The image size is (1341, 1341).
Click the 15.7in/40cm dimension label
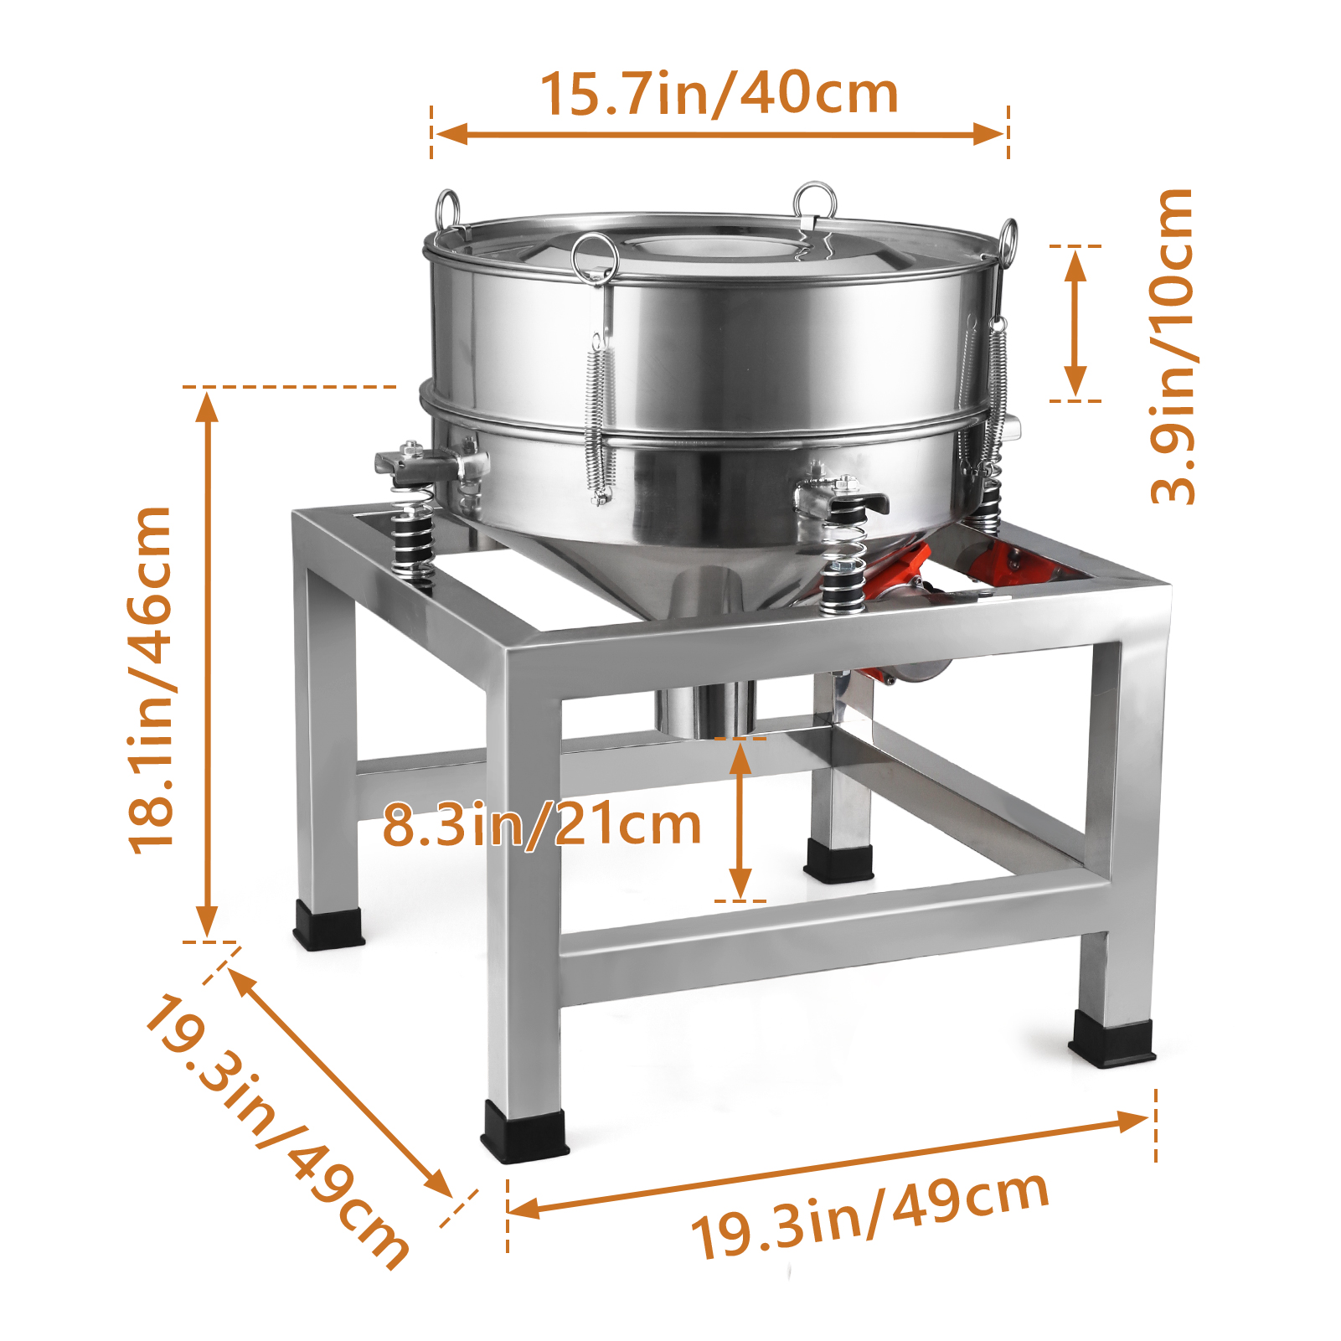(x=719, y=93)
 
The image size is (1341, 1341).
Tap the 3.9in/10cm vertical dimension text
(x=1171, y=346)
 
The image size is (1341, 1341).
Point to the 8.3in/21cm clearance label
(x=542, y=825)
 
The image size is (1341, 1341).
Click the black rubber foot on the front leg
(x=524, y=1132)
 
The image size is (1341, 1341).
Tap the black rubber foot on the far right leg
(x=1112, y=1039)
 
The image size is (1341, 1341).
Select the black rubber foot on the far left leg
(x=328, y=926)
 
